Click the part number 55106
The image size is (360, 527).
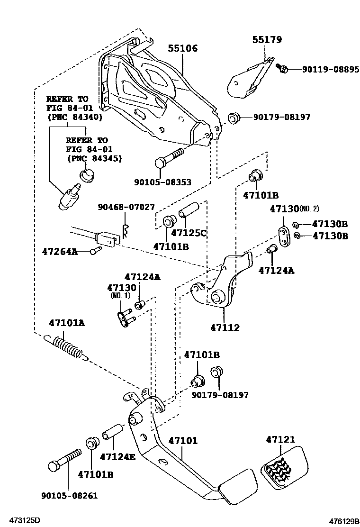pyautogui.click(x=182, y=48)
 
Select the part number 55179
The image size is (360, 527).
pyautogui.click(x=267, y=40)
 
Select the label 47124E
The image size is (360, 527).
pyautogui.click(x=117, y=457)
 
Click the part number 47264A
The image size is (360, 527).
pyautogui.click(x=59, y=251)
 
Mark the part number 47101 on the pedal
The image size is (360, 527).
pyautogui.click(x=182, y=440)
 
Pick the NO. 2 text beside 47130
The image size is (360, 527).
pyautogui.click(x=324, y=209)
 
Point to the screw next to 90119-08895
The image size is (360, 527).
pyautogui.click(x=282, y=69)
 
